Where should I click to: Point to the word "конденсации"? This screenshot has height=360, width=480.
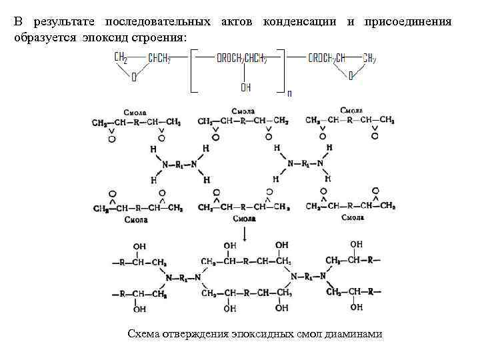coord(301,22)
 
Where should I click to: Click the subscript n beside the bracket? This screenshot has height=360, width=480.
coord(289,93)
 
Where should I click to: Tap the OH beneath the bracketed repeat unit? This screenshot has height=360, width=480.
coord(246,87)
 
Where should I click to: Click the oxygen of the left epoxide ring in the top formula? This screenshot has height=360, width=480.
coord(134,77)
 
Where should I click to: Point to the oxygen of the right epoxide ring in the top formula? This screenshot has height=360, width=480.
coord(351,77)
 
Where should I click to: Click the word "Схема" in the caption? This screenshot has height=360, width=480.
coord(143,333)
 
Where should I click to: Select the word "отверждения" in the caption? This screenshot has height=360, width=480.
coord(196,333)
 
